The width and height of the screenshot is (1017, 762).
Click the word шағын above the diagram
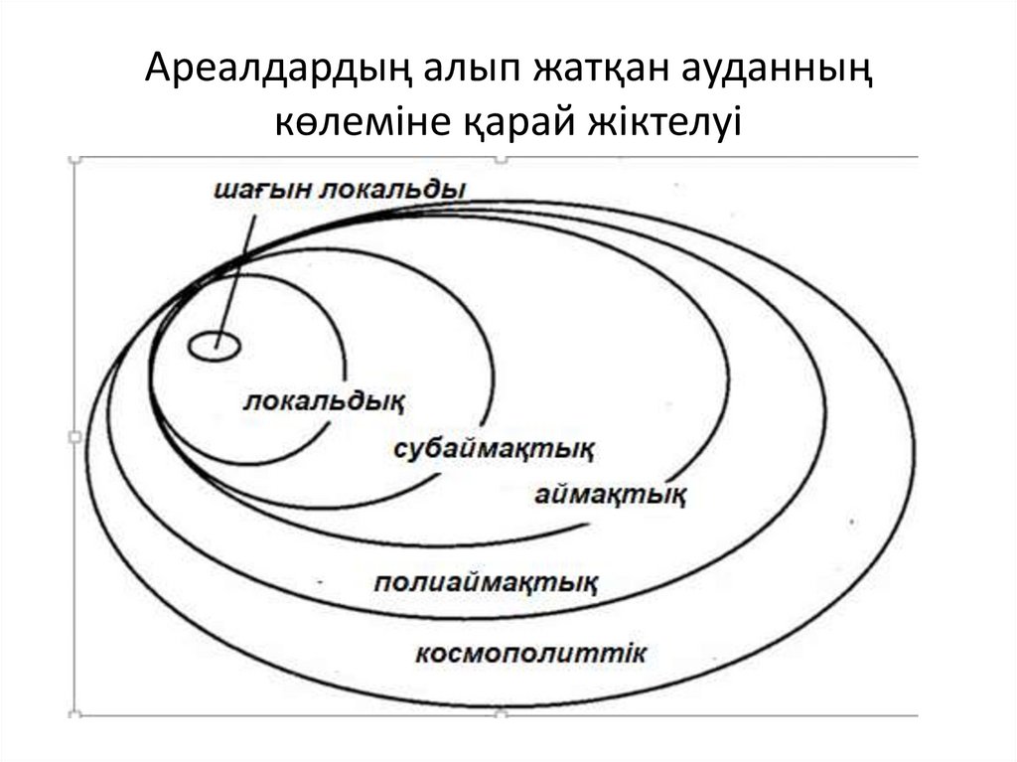[x=260, y=189]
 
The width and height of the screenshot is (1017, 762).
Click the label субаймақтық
[x=494, y=448]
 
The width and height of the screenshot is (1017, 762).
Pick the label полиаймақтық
[x=487, y=581]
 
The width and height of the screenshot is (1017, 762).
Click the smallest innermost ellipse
[x=214, y=346]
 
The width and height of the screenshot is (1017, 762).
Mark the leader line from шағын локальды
[x=236, y=269]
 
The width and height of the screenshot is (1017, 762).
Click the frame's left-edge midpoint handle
[x=74, y=436]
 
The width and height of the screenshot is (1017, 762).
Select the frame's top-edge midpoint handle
[x=501, y=158]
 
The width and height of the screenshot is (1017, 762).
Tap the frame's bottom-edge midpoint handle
[x=501, y=712]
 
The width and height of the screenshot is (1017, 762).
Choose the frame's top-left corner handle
[x=74, y=158]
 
